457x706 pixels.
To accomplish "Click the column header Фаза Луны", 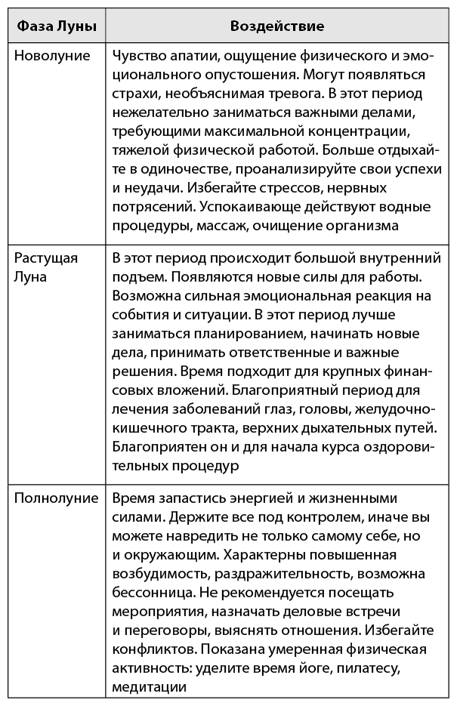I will click(x=56, y=26).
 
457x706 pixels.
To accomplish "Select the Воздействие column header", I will click(x=276, y=26).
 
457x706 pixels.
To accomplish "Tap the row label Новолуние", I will click(x=52, y=56).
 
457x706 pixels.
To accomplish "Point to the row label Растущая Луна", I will click(x=46, y=267).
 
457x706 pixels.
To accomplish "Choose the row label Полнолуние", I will click(x=56, y=498).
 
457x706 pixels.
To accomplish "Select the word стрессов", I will click(x=259, y=188).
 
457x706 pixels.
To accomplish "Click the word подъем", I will click(x=138, y=277).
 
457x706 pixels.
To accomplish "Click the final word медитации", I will click(x=149, y=686).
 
